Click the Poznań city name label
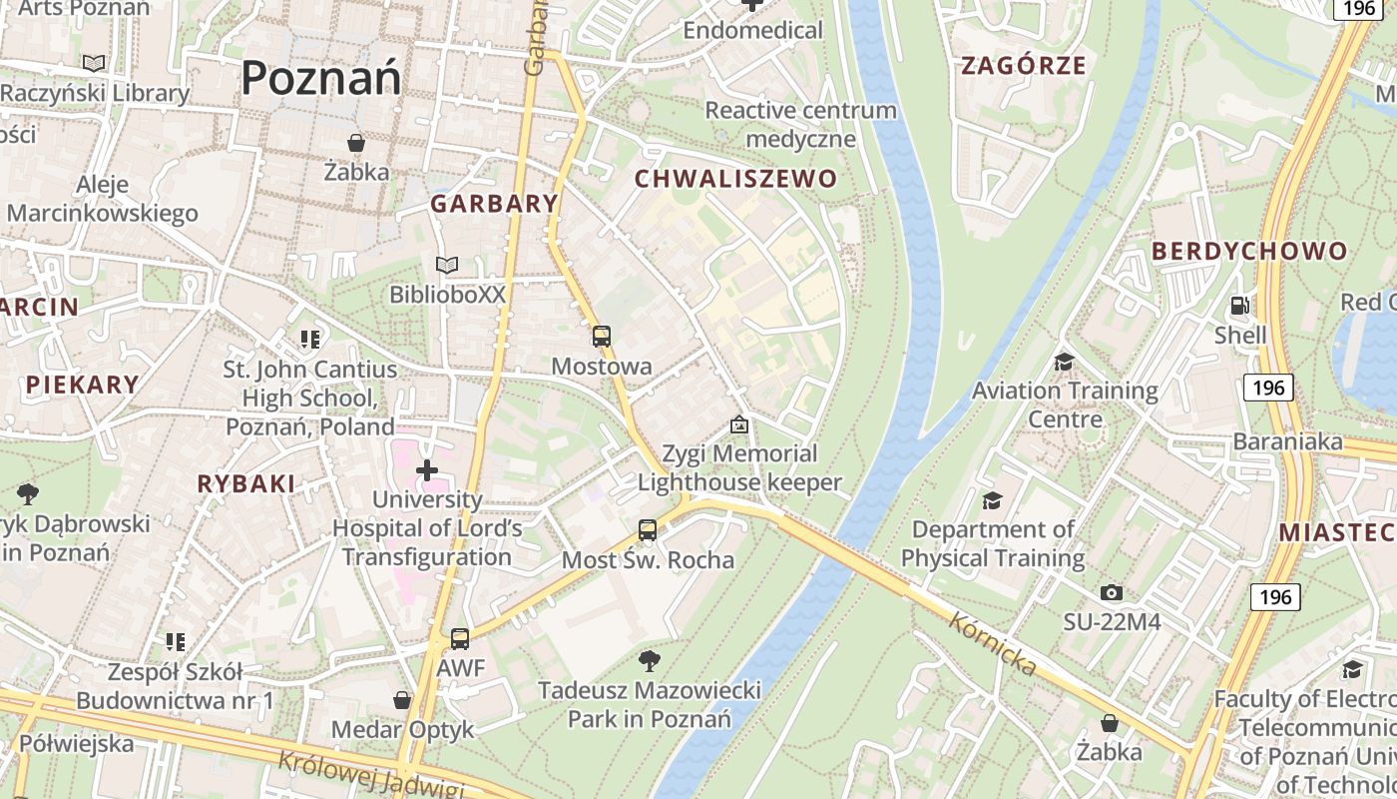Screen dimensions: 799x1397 [321, 78]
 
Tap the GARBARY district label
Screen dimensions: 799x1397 [494, 204]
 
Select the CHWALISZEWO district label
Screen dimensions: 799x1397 [735, 180]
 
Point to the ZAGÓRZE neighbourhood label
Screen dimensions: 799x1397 [1023, 67]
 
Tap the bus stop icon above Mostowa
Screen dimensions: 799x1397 [601, 337]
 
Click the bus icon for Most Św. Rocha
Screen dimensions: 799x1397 [648, 530]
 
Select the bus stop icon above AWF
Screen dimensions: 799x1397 [460, 638]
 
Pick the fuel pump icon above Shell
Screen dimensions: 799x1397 [1239, 306]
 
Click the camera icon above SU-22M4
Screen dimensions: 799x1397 [1111, 593]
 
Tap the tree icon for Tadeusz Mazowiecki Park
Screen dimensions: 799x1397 [650, 660]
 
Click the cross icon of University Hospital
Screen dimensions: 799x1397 [427, 469]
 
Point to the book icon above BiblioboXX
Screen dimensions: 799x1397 [447, 266]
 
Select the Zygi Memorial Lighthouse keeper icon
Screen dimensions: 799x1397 [738, 425]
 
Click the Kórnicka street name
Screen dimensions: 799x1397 [993, 644]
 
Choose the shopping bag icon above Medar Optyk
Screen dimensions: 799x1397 [402, 700]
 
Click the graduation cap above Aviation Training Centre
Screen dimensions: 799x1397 [1065, 361]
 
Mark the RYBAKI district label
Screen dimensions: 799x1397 [245, 484]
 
